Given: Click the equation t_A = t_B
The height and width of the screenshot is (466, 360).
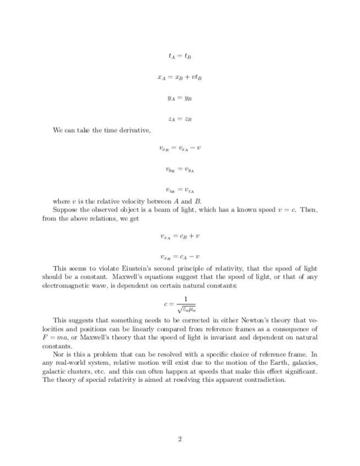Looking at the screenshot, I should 180,56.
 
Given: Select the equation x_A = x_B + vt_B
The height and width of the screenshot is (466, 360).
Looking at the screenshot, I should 180,77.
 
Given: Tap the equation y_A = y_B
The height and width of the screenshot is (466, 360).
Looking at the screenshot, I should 180,98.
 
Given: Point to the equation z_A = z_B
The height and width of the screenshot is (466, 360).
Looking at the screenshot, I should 180,119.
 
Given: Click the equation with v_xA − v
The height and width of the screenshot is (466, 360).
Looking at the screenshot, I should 180,148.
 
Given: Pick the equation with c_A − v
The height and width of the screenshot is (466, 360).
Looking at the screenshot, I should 180,256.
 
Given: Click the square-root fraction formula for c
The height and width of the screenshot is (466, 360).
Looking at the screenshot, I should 180,303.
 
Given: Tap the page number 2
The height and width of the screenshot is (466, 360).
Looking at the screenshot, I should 180,439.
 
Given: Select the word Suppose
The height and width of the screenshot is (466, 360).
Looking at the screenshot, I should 65,210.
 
